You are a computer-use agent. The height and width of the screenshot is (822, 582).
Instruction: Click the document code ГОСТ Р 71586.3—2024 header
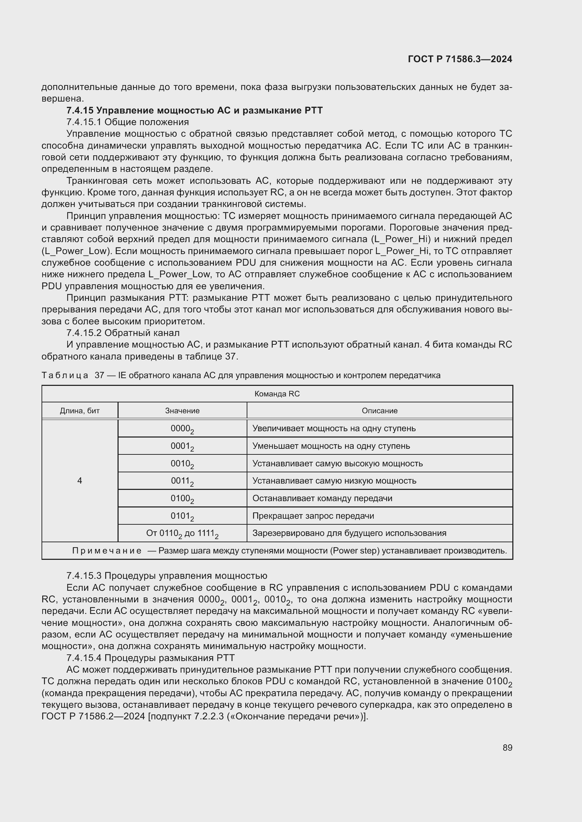click(x=460, y=59)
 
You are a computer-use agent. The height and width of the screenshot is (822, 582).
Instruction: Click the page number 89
click(x=507, y=747)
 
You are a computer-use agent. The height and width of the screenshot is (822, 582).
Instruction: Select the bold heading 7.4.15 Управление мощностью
click(x=194, y=110)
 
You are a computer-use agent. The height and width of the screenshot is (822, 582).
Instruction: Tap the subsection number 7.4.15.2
click(x=84, y=333)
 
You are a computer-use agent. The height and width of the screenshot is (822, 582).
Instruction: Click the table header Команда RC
click(x=277, y=394)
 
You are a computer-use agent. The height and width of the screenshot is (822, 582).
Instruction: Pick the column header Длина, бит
click(x=80, y=410)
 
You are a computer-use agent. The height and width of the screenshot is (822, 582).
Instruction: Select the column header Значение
click(x=182, y=410)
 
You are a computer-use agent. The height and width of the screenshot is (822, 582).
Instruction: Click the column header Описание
click(x=380, y=410)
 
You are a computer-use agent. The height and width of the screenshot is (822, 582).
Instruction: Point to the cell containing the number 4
click(x=80, y=481)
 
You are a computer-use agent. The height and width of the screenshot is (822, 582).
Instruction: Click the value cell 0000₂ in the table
click(x=182, y=429)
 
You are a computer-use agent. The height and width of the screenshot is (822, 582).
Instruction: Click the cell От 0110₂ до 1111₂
click(x=182, y=534)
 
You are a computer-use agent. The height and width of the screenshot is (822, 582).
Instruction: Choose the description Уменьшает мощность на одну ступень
click(x=331, y=446)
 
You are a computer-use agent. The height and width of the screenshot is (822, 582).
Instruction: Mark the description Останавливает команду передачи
click(x=322, y=498)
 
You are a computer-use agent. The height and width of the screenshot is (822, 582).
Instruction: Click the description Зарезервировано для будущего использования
click(x=349, y=533)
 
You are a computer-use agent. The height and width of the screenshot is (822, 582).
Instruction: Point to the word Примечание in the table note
click(x=107, y=551)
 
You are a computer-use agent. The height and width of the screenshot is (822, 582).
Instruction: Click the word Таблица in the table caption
click(x=65, y=375)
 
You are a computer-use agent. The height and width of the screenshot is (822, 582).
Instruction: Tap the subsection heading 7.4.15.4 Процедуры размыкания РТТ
click(x=151, y=658)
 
